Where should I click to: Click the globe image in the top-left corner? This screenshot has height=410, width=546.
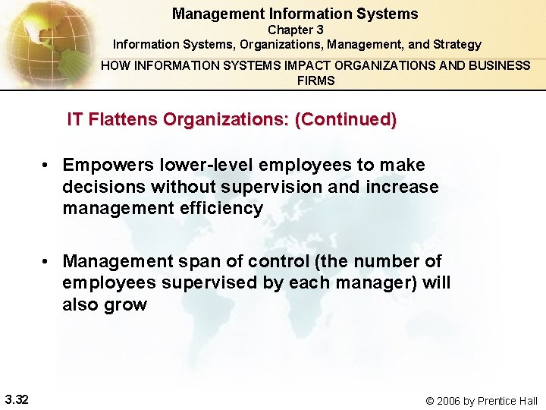pos(42,38)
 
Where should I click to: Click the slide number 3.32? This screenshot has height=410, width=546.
pos(16,399)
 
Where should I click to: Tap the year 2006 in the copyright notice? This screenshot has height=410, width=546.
pos(451,400)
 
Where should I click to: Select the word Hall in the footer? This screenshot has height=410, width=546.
pos(525,400)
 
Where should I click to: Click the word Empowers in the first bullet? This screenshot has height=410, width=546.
pos(105,166)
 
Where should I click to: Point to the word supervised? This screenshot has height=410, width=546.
pos(200,283)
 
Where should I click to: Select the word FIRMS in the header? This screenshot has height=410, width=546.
pos(315,80)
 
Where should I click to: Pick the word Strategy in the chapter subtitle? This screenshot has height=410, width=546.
pos(457,45)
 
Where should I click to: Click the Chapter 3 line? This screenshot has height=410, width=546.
pos(295,30)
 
